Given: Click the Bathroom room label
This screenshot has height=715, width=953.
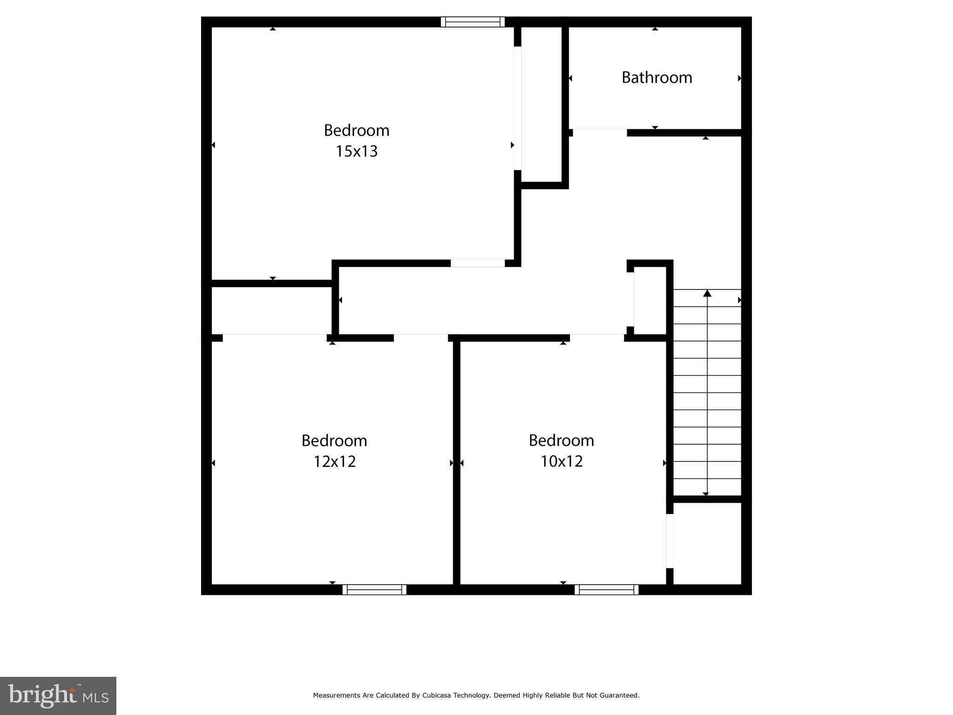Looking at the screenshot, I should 657,77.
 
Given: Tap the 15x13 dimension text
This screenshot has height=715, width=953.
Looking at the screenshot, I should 356,151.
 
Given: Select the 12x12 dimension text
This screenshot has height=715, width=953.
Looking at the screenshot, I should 334,461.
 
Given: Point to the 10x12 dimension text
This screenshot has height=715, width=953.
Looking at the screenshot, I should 561,461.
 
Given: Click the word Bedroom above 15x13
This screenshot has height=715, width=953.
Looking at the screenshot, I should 356,130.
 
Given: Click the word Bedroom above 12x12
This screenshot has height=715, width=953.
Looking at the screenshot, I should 334,440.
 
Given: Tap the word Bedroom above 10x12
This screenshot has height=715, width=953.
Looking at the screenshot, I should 561,440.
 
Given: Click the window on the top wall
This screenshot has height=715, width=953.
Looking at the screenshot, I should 472,21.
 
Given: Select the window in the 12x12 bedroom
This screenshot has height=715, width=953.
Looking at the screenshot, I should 374,589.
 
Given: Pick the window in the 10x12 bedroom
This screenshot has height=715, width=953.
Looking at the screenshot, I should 606,589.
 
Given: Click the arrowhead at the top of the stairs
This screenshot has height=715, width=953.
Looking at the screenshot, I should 707,293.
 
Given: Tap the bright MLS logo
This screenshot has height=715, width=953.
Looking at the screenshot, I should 58,695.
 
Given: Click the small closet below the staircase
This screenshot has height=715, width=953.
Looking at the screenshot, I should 707,543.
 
